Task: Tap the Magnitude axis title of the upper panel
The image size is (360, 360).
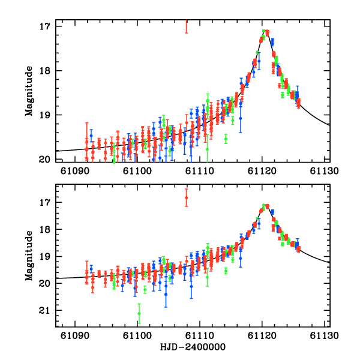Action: point(28,91)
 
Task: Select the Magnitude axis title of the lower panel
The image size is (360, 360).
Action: point(28,256)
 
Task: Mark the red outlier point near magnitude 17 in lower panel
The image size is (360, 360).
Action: point(187,197)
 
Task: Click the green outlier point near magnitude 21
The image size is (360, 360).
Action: point(139,313)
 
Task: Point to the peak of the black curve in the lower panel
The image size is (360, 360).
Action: point(265,205)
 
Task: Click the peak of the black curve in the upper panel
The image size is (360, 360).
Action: point(265,31)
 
